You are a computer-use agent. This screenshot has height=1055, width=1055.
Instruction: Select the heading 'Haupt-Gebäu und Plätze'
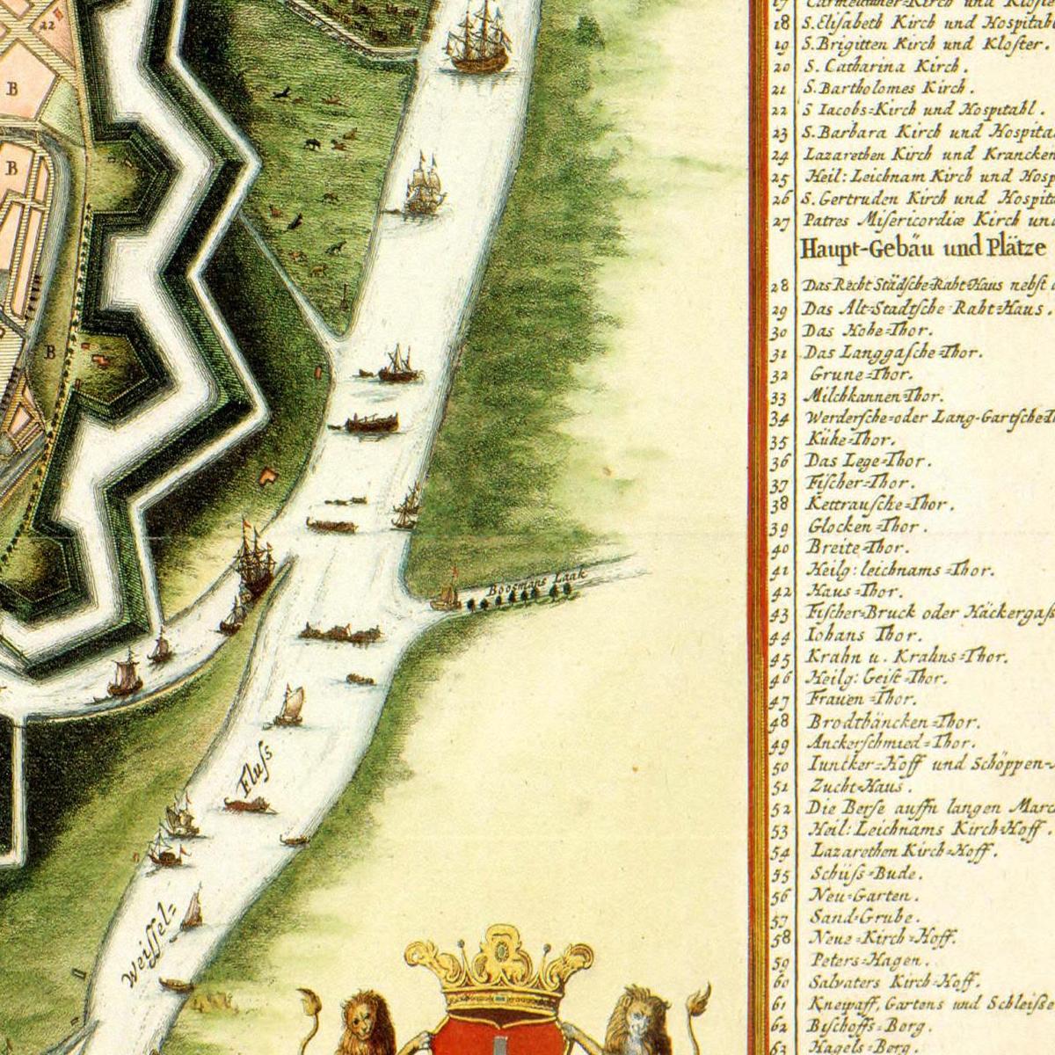point(923,251)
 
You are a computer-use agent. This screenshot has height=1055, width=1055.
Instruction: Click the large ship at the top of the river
point(479,40)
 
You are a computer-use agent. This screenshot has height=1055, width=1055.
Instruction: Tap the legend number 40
point(779,549)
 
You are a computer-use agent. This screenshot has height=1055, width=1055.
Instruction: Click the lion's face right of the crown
point(649,1011)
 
